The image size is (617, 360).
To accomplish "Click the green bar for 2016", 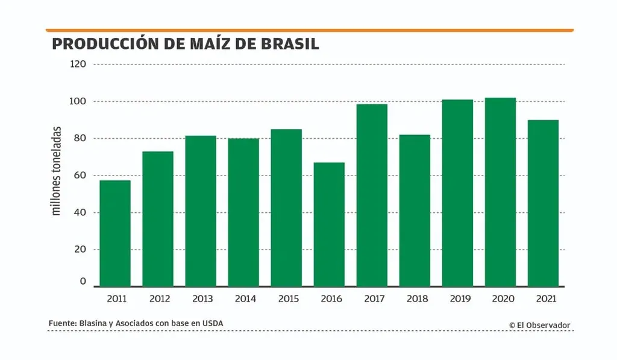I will click(329, 224).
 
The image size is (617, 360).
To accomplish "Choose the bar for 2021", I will click(543, 203).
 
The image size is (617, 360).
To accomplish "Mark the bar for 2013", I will click(201, 210).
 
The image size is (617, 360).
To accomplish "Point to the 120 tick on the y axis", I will click(78, 64).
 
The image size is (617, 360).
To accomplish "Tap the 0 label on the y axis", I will click(83, 282).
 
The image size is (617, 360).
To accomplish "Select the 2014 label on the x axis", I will click(243, 298).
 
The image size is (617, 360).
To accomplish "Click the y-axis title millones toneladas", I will click(57, 171).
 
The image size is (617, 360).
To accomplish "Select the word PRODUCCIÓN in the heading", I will click(99, 44).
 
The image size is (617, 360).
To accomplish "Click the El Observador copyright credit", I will click(539, 325).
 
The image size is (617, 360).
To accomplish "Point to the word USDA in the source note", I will click(212, 324).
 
